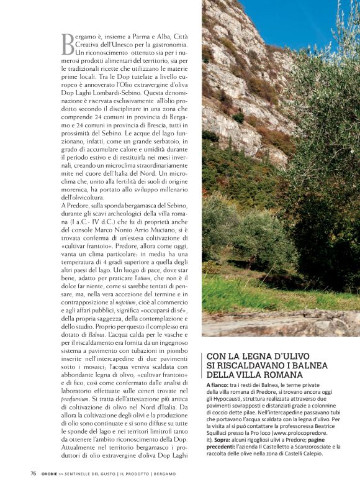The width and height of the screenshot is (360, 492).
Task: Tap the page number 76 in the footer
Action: point(33,473)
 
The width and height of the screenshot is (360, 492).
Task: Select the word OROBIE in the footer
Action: point(51,473)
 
